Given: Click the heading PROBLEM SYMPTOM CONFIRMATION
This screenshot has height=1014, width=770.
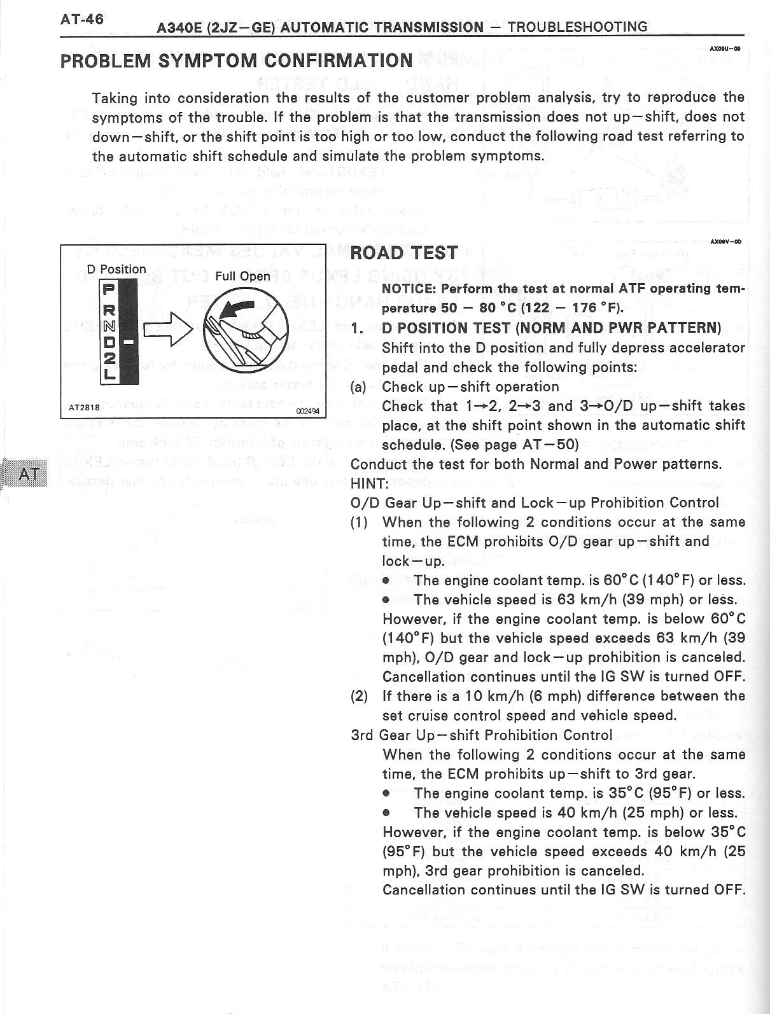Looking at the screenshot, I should pyautogui.click(x=235, y=61).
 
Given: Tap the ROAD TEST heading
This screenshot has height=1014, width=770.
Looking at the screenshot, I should pyautogui.click(x=403, y=253).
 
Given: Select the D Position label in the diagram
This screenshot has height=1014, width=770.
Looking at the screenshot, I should pyautogui.click(x=116, y=269).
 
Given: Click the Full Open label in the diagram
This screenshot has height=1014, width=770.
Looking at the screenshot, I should pyautogui.click(x=242, y=276).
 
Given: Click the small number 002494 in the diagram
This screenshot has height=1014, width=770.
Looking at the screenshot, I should pyautogui.click(x=309, y=411).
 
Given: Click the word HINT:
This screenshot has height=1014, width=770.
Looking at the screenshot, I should pyautogui.click(x=370, y=483).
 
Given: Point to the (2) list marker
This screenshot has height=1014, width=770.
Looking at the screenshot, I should pyautogui.click(x=360, y=696).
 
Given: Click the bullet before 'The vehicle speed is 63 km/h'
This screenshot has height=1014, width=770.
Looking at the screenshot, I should pyautogui.click(x=386, y=600).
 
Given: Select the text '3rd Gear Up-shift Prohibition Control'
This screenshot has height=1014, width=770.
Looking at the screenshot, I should pyautogui.click(x=482, y=735).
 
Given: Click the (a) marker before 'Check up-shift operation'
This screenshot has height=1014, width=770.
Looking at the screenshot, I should pyautogui.click(x=358, y=387).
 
